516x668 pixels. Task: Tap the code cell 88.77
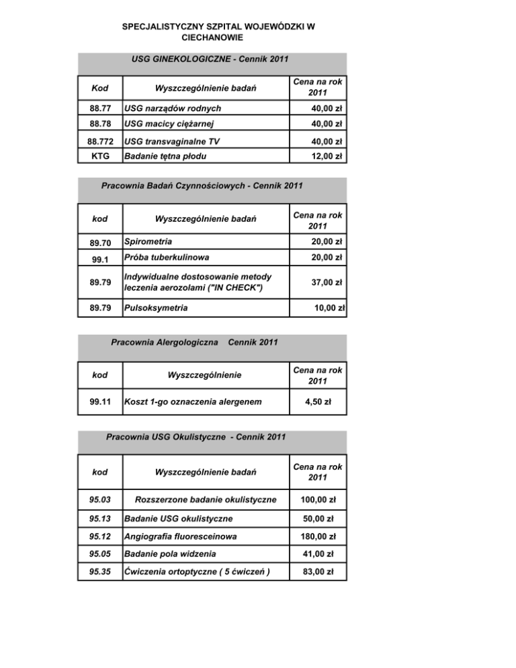pos(100,108)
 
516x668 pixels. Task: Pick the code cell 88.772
pos(100,142)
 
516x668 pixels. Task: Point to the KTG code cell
pos(100,157)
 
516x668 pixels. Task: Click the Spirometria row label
pos(148,241)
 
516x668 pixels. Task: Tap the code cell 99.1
pos(100,258)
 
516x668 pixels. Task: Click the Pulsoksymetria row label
pos(155,308)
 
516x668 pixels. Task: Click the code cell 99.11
pos(100,403)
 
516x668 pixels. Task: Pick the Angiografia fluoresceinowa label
pos(178,537)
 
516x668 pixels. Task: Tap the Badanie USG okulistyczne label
pos(178,519)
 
